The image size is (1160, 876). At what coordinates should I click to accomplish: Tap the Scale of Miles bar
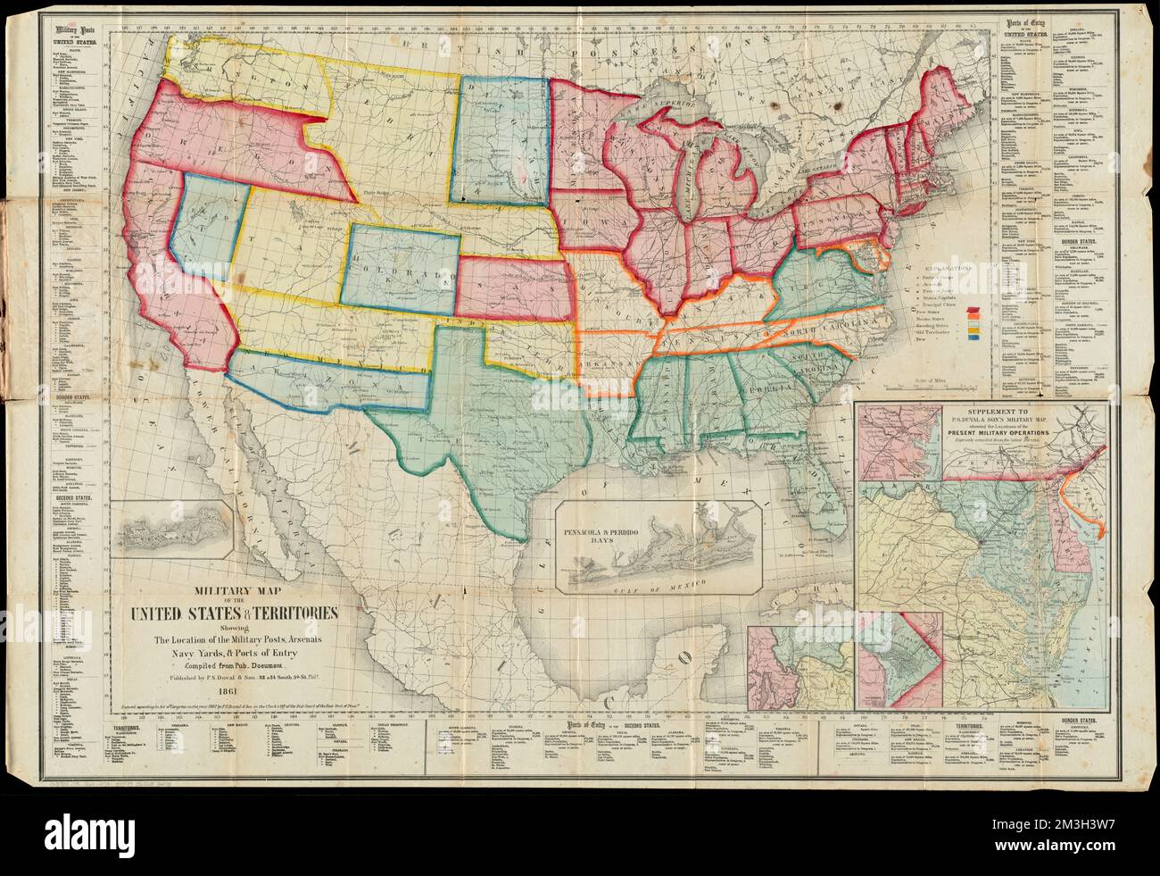936,389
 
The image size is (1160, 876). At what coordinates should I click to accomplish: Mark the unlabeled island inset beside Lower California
176,530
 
